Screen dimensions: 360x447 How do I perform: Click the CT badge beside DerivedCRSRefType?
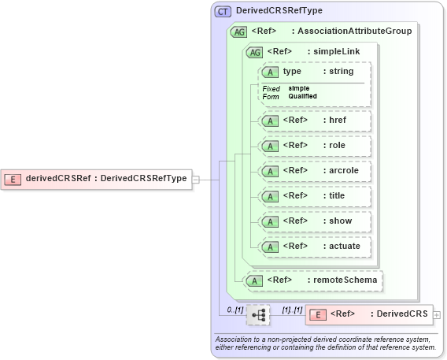click(x=223, y=11)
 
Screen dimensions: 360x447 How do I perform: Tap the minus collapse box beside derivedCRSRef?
click(x=196, y=179)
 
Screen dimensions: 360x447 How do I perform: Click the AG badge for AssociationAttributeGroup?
click(x=238, y=32)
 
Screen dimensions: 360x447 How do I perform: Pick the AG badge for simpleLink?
click(x=255, y=52)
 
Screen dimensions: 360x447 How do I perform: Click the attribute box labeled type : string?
click(x=315, y=72)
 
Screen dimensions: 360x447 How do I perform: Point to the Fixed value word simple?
click(x=299, y=88)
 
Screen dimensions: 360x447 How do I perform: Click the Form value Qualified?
click(x=302, y=96)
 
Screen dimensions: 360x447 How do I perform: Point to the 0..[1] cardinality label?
click(x=234, y=309)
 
